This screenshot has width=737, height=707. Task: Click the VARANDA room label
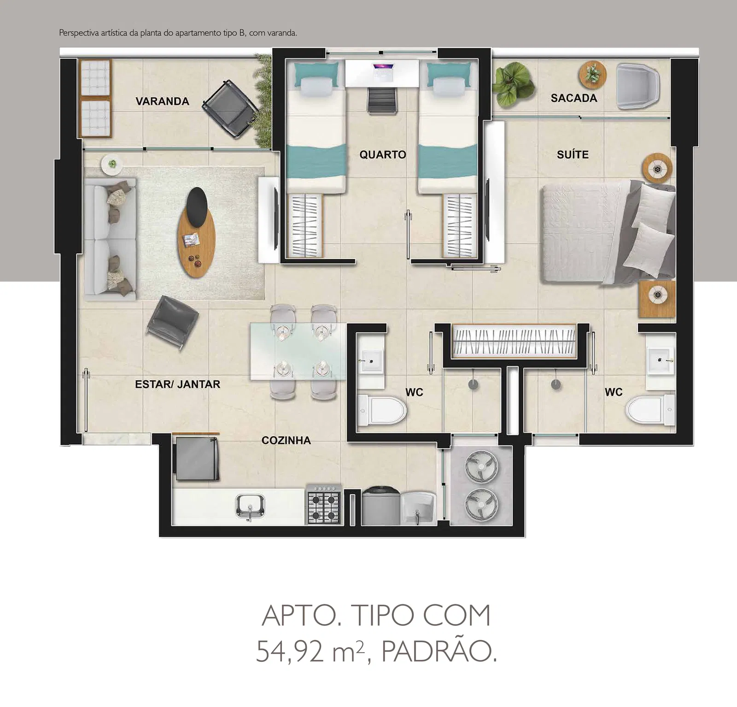162,101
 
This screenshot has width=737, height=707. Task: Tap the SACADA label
574,98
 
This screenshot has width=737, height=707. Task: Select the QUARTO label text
383,154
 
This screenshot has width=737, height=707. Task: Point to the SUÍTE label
573,154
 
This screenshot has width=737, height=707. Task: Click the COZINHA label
286,440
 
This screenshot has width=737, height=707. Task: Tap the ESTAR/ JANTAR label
177,384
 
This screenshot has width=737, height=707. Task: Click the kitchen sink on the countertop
250,507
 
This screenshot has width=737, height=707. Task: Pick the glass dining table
298,352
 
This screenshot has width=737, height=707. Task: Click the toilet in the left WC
382,409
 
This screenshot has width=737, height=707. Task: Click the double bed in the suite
608,232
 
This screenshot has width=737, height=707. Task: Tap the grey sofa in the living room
110,239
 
